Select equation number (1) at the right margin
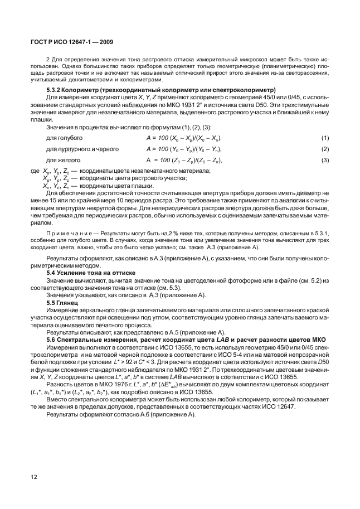click(325, 138)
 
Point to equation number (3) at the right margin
click(325, 161)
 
